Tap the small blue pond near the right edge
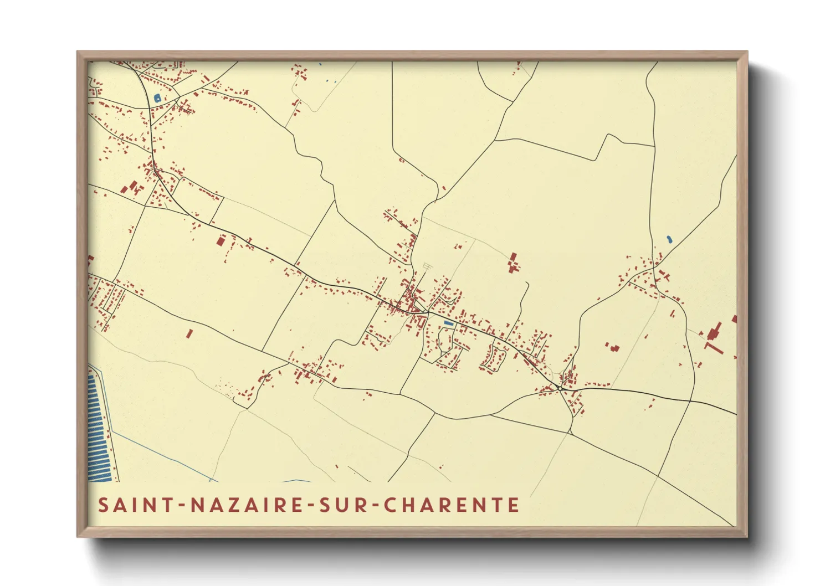click(x=669, y=239)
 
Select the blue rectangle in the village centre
click(x=449, y=323)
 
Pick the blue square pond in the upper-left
click(x=157, y=98)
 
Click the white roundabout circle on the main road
click(x=561, y=388)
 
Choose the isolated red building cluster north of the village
click(x=513, y=263)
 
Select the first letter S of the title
click(x=103, y=505)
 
